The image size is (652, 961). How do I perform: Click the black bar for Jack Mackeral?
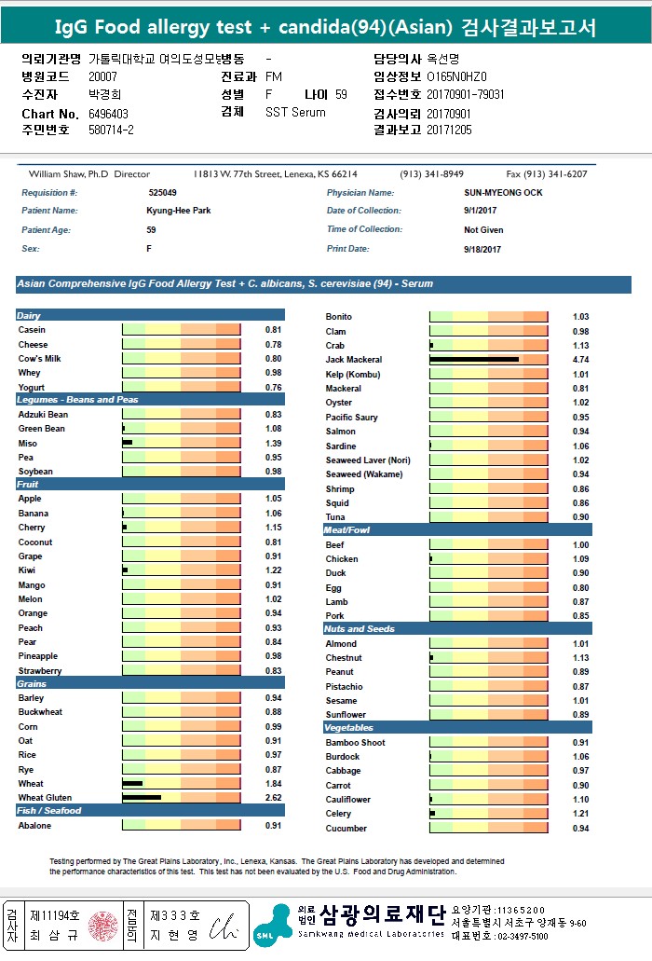click(x=474, y=359)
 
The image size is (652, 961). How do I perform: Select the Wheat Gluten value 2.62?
click(x=273, y=798)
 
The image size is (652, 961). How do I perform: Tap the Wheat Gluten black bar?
click(x=142, y=798)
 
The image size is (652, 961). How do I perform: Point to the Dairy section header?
click(x=30, y=316)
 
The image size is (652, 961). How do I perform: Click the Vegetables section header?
click(x=348, y=727)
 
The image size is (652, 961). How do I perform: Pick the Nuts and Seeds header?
click(x=360, y=628)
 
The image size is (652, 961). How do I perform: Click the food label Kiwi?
click(x=27, y=570)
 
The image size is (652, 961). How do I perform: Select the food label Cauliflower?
click(x=347, y=800)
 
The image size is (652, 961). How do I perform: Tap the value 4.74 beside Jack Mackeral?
click(x=580, y=359)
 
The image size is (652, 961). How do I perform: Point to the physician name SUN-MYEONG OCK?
click(x=503, y=193)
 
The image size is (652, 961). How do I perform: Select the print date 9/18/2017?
click(x=482, y=249)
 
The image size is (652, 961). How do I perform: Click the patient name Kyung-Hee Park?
click(x=179, y=211)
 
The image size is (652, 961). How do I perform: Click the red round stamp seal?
click(x=102, y=926)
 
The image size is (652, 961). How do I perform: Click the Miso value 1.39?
click(x=273, y=444)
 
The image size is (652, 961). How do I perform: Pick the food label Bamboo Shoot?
click(x=355, y=742)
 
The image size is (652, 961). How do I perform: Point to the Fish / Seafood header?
click(x=49, y=810)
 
